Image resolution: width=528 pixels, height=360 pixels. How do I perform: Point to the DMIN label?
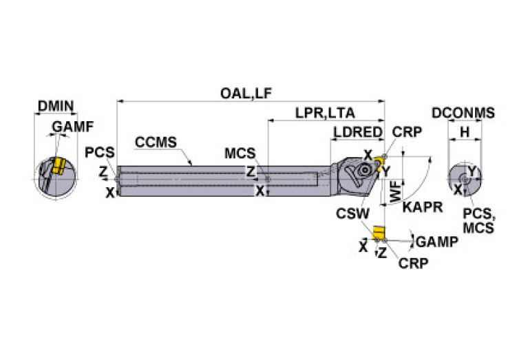point(56,106)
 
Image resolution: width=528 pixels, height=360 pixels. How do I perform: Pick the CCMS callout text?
point(156,142)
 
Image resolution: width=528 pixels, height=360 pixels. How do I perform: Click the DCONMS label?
point(463,114)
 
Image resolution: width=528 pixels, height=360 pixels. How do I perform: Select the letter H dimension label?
point(465,131)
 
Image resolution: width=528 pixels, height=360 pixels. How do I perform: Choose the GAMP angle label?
point(436,241)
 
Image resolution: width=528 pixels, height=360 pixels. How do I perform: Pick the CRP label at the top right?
point(408,132)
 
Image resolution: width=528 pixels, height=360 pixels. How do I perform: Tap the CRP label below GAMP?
point(414,264)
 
